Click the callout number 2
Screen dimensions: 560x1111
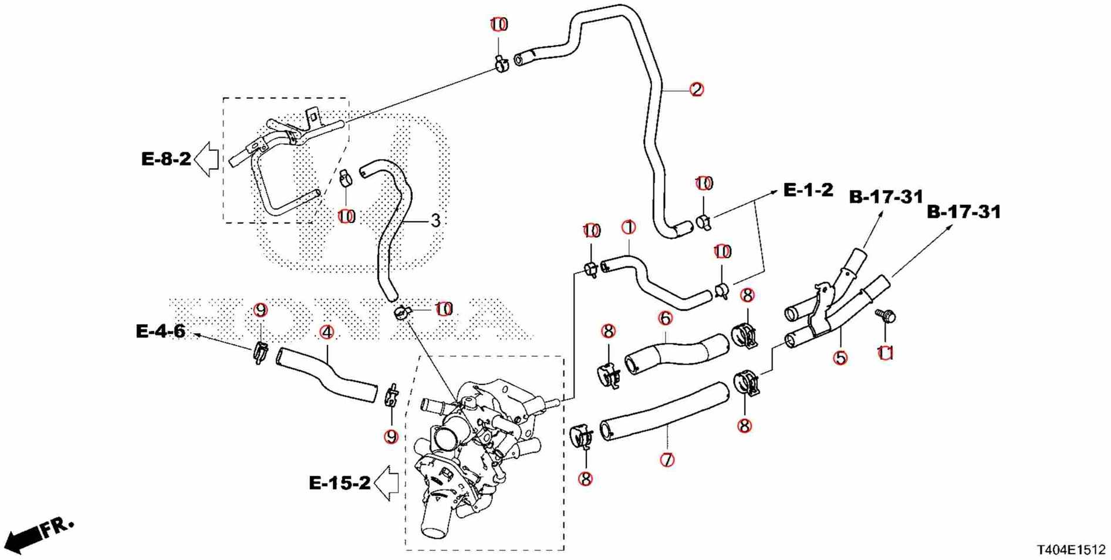(696, 90)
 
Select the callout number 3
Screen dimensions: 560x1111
(435, 221)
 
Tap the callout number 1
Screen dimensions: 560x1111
(629, 227)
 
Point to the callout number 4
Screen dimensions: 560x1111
(327, 332)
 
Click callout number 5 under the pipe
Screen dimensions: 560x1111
(840, 357)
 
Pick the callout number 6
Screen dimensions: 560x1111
(665, 318)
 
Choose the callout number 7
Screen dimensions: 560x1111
(667, 460)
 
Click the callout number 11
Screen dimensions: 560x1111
(885, 353)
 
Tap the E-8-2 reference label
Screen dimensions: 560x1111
(166, 158)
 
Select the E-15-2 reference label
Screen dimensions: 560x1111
(339, 483)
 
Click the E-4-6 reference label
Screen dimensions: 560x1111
(160, 331)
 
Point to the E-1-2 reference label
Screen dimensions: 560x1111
(808, 190)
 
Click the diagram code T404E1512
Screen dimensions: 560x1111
(1071, 549)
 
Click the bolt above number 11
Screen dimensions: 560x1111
(886, 316)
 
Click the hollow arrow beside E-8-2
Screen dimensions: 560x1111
(207, 159)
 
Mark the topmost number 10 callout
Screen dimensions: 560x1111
(499, 25)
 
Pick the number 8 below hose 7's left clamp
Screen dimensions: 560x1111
(585, 478)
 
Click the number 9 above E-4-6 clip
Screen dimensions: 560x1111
(261, 310)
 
